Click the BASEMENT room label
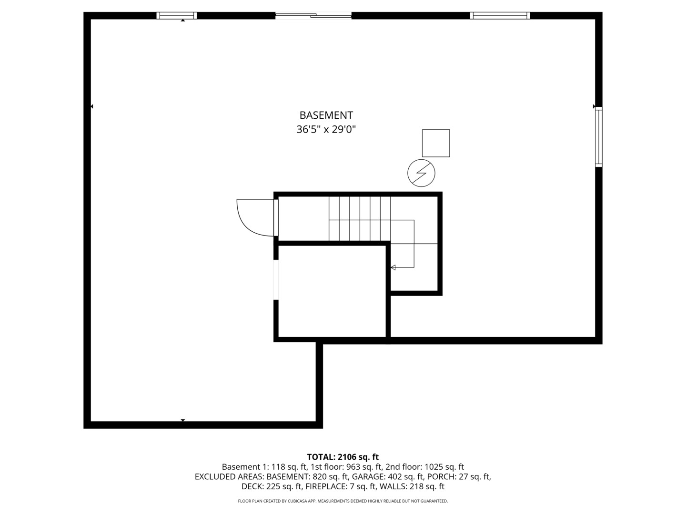[326, 115]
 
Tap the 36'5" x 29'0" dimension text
[326, 129]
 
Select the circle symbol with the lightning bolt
[421, 173]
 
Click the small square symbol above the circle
[436, 143]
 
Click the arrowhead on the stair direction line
[393, 268]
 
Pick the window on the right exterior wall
[598, 137]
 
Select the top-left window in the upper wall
[177, 16]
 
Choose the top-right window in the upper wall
[500, 16]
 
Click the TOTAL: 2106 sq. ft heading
[343, 457]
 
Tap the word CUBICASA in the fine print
[296, 501]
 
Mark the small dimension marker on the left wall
[91, 107]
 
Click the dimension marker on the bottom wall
[183, 420]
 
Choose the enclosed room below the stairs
[332, 291]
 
